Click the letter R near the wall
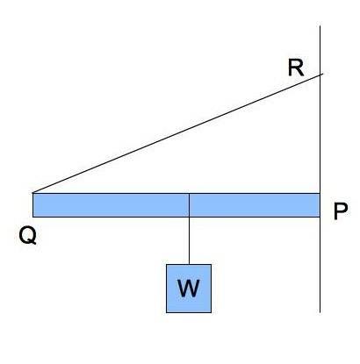coord(296,68)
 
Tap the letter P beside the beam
coord(341,211)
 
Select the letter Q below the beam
coord(28,236)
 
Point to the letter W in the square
coord(189,288)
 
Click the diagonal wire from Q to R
coord(177,133)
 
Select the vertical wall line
coord(320,169)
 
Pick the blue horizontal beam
coord(176,205)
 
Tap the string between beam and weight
coord(189,240)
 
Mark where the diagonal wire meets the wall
coord(320,75)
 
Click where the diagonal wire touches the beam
coord(33,193)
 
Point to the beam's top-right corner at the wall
coord(320,193)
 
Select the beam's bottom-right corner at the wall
coord(320,217)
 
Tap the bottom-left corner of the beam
coord(32,217)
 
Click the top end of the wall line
coord(320,26)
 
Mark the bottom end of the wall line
coord(320,312)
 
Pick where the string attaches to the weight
coord(189,265)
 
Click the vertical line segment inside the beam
coord(189,205)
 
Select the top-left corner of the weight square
coord(167,265)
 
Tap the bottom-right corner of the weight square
coord(211,312)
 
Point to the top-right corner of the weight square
coord(211,265)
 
